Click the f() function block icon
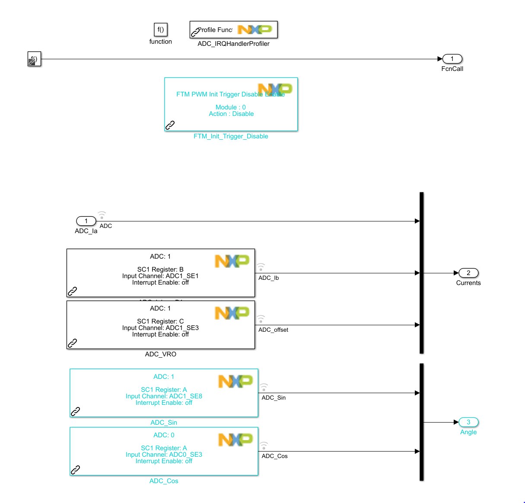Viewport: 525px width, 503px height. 160,29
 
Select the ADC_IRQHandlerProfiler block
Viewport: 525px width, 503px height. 233,30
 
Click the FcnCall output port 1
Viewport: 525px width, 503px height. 452,59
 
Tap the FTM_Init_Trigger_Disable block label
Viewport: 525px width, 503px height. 231,136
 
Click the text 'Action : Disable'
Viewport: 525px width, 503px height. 231,114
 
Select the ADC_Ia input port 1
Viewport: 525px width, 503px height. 86,221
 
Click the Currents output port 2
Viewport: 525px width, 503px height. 468,273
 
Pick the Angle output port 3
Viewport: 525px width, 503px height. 468,422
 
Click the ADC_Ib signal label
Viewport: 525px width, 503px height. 268,278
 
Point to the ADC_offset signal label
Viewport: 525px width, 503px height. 273,330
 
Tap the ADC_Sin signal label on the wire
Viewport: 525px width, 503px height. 274,398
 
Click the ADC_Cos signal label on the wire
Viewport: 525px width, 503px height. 274,456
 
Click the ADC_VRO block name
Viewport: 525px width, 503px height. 161,354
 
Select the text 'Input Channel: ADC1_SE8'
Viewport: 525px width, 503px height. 164,396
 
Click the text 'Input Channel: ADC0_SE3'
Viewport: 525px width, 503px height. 164,455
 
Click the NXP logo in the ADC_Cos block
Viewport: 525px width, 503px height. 235,440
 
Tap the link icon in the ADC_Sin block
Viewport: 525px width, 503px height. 76,411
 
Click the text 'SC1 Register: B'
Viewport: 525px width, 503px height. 160,269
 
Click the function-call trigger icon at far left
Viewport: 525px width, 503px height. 34,59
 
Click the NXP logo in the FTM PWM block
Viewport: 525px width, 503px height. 275,89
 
